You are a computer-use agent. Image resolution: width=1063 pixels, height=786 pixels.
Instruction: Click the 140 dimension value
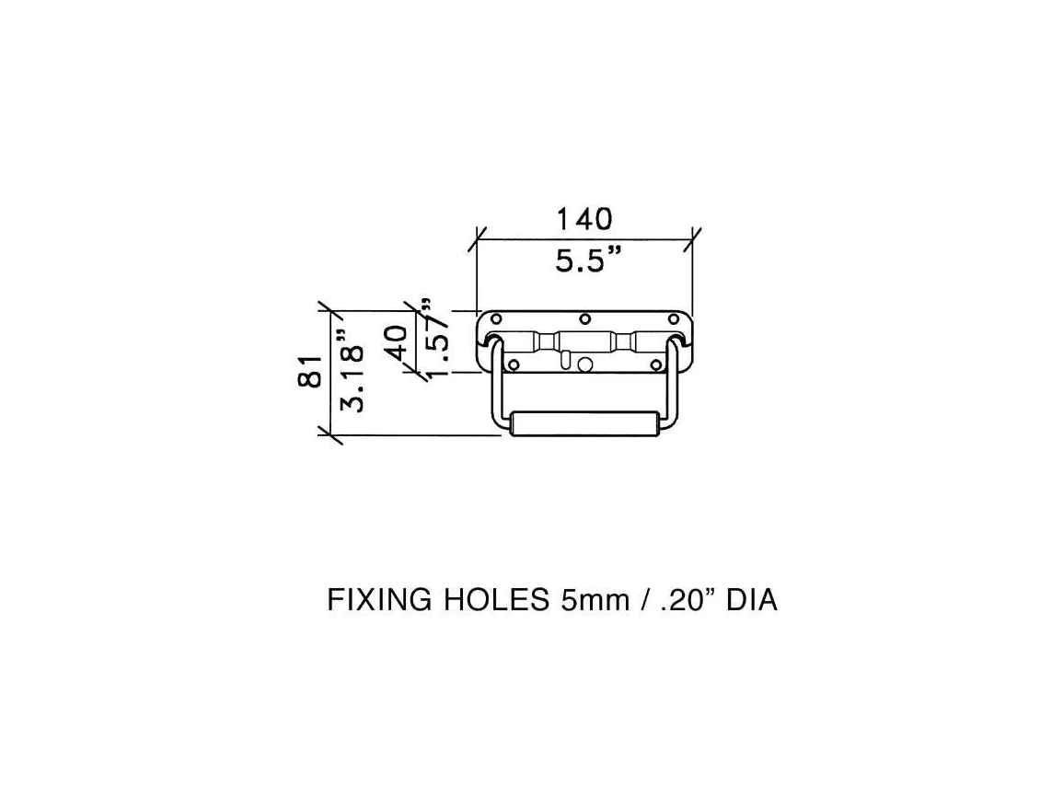click(x=584, y=219)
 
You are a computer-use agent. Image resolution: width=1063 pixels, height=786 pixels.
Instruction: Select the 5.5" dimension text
click(x=589, y=260)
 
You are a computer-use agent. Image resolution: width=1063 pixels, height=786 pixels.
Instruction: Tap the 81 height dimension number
click(x=309, y=371)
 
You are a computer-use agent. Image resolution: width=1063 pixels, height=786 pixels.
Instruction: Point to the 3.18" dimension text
click(x=352, y=371)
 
